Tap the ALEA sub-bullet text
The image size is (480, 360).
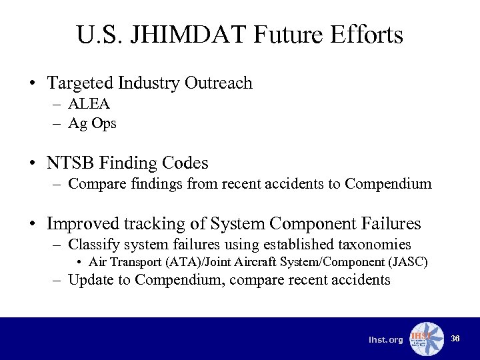click(89, 104)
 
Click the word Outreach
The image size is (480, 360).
click(219, 83)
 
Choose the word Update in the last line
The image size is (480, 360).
click(91, 279)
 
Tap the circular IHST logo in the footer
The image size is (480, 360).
click(426, 339)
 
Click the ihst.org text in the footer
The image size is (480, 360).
click(385, 340)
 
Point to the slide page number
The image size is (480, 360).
click(455, 338)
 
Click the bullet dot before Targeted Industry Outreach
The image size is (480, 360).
click(32, 84)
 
